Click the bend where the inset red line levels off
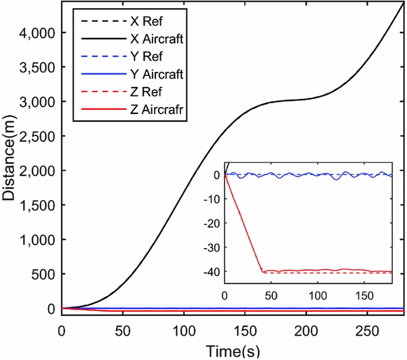point(262,271)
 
